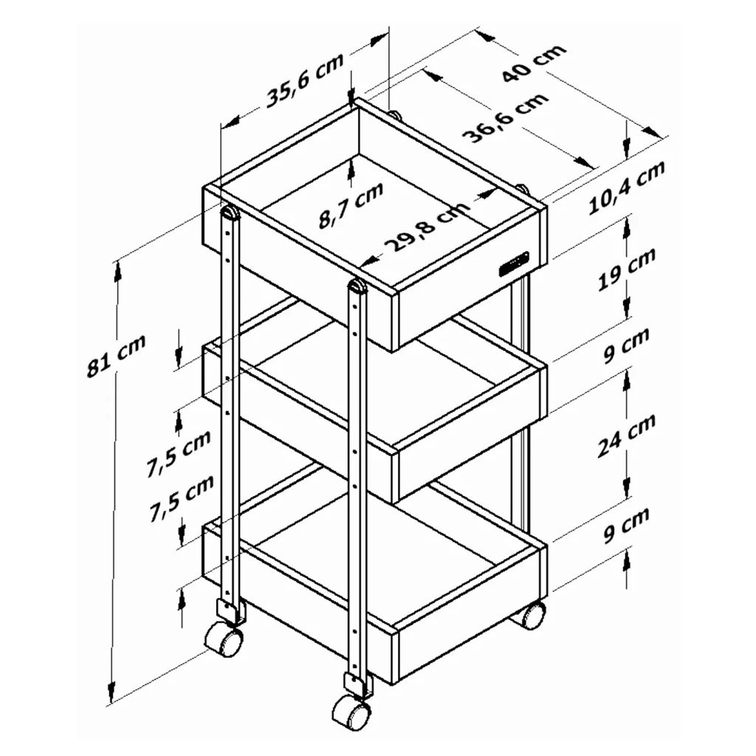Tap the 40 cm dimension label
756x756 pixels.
click(x=533, y=63)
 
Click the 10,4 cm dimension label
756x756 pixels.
click(x=627, y=187)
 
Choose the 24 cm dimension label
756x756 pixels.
click(x=627, y=436)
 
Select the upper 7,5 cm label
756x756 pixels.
click(x=179, y=453)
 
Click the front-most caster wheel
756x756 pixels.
click(x=351, y=712)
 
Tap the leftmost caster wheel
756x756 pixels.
click(x=224, y=639)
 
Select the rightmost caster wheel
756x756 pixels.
click(x=532, y=615)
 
